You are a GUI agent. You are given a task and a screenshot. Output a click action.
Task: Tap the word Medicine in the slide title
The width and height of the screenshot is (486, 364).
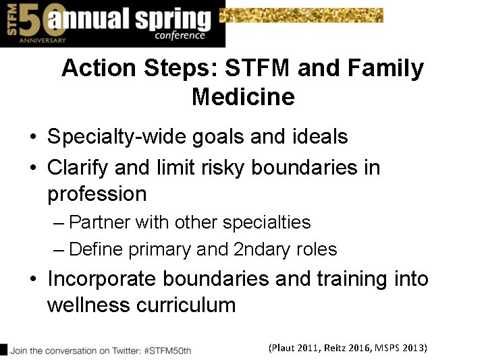(243, 97)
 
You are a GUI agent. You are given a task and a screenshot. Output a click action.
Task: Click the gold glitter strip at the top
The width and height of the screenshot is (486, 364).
(302, 15)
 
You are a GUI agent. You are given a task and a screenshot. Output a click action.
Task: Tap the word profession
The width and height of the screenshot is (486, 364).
(97, 194)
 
